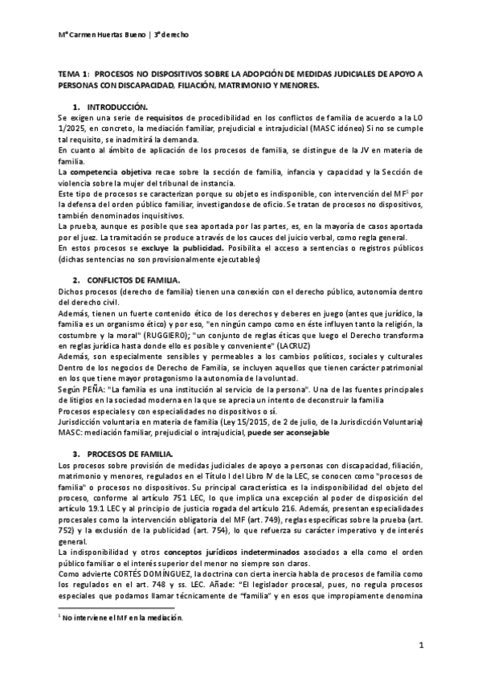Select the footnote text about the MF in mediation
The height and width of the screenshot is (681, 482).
96,618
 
